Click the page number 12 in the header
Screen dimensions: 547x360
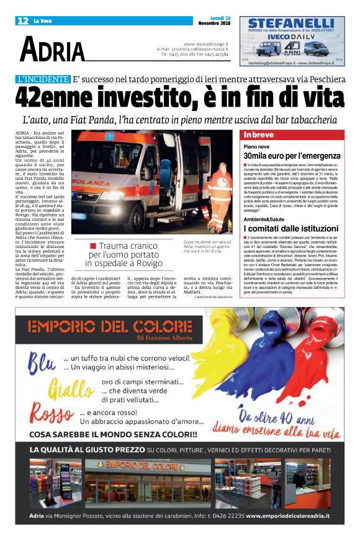point(22,20)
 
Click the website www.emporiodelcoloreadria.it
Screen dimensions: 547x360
point(287,515)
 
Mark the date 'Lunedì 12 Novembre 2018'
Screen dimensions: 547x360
point(213,20)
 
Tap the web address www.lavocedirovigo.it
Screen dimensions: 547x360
point(205,44)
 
